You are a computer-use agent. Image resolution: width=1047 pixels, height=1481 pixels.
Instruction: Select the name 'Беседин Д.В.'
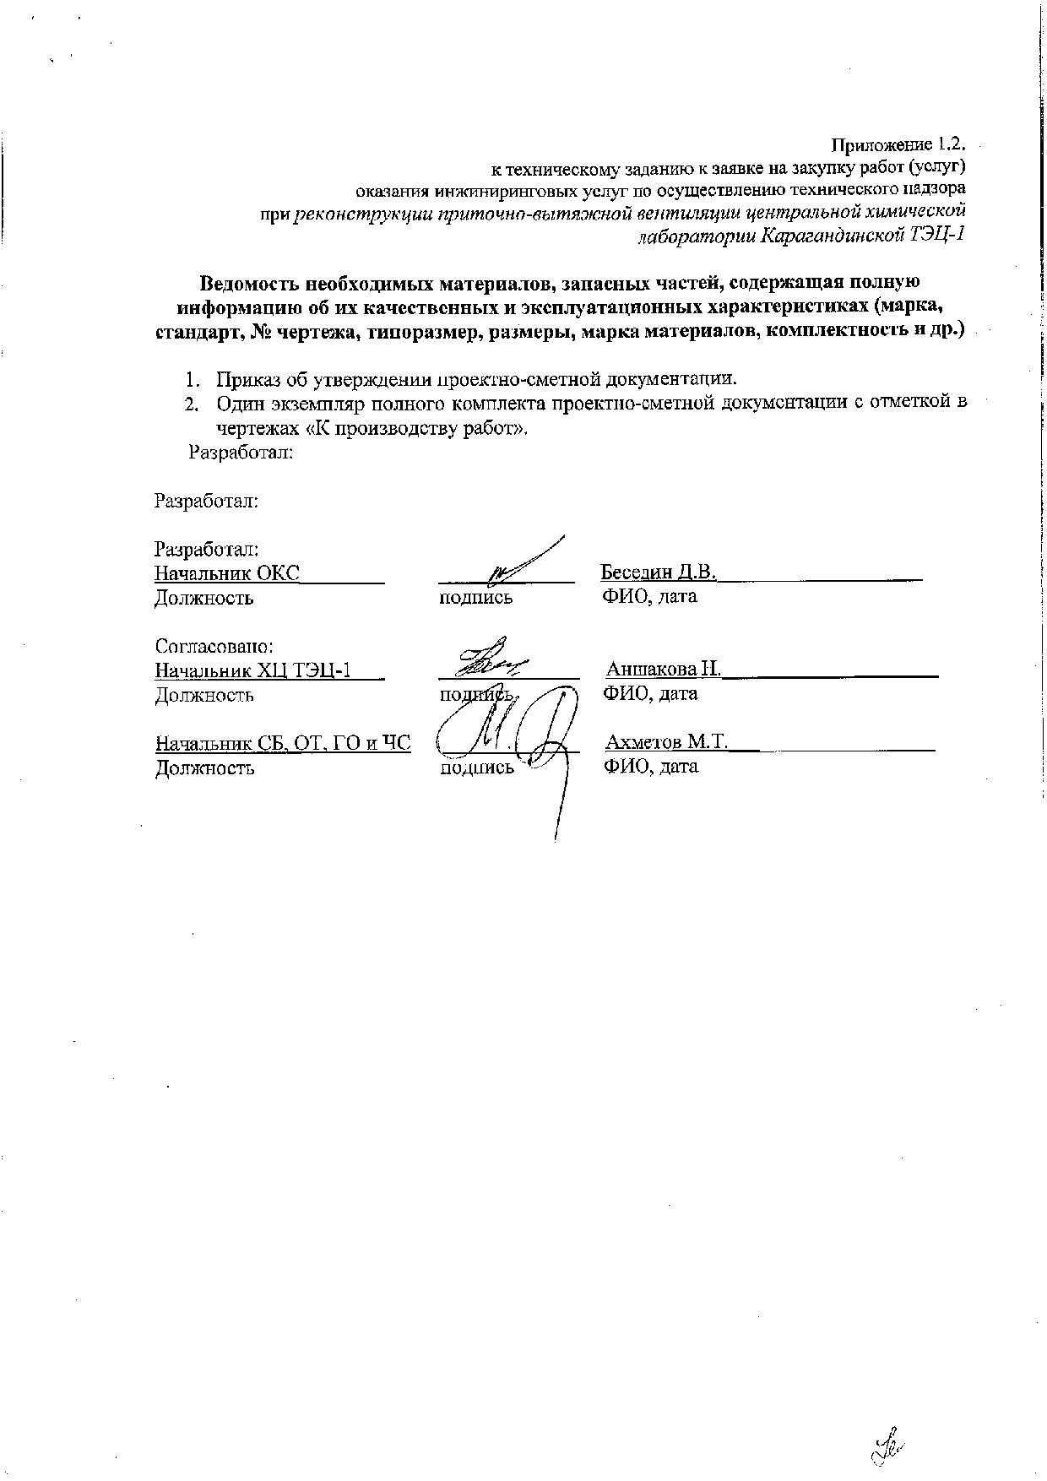658,572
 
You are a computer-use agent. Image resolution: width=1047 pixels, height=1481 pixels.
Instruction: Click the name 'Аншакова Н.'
663,670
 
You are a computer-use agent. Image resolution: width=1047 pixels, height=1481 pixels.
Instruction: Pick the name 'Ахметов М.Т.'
666,742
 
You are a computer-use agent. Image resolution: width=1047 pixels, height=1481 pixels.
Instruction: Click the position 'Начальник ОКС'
226,573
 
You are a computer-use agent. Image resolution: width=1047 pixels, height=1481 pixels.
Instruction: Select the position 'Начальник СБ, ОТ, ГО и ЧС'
283,744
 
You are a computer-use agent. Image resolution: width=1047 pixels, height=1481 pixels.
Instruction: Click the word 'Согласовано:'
214,647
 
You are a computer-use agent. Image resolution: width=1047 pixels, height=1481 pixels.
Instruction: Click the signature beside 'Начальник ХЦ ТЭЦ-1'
492,659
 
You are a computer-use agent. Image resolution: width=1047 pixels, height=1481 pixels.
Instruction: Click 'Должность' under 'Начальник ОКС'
203,599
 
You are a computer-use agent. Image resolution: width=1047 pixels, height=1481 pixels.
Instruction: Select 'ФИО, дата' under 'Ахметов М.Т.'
651,768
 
